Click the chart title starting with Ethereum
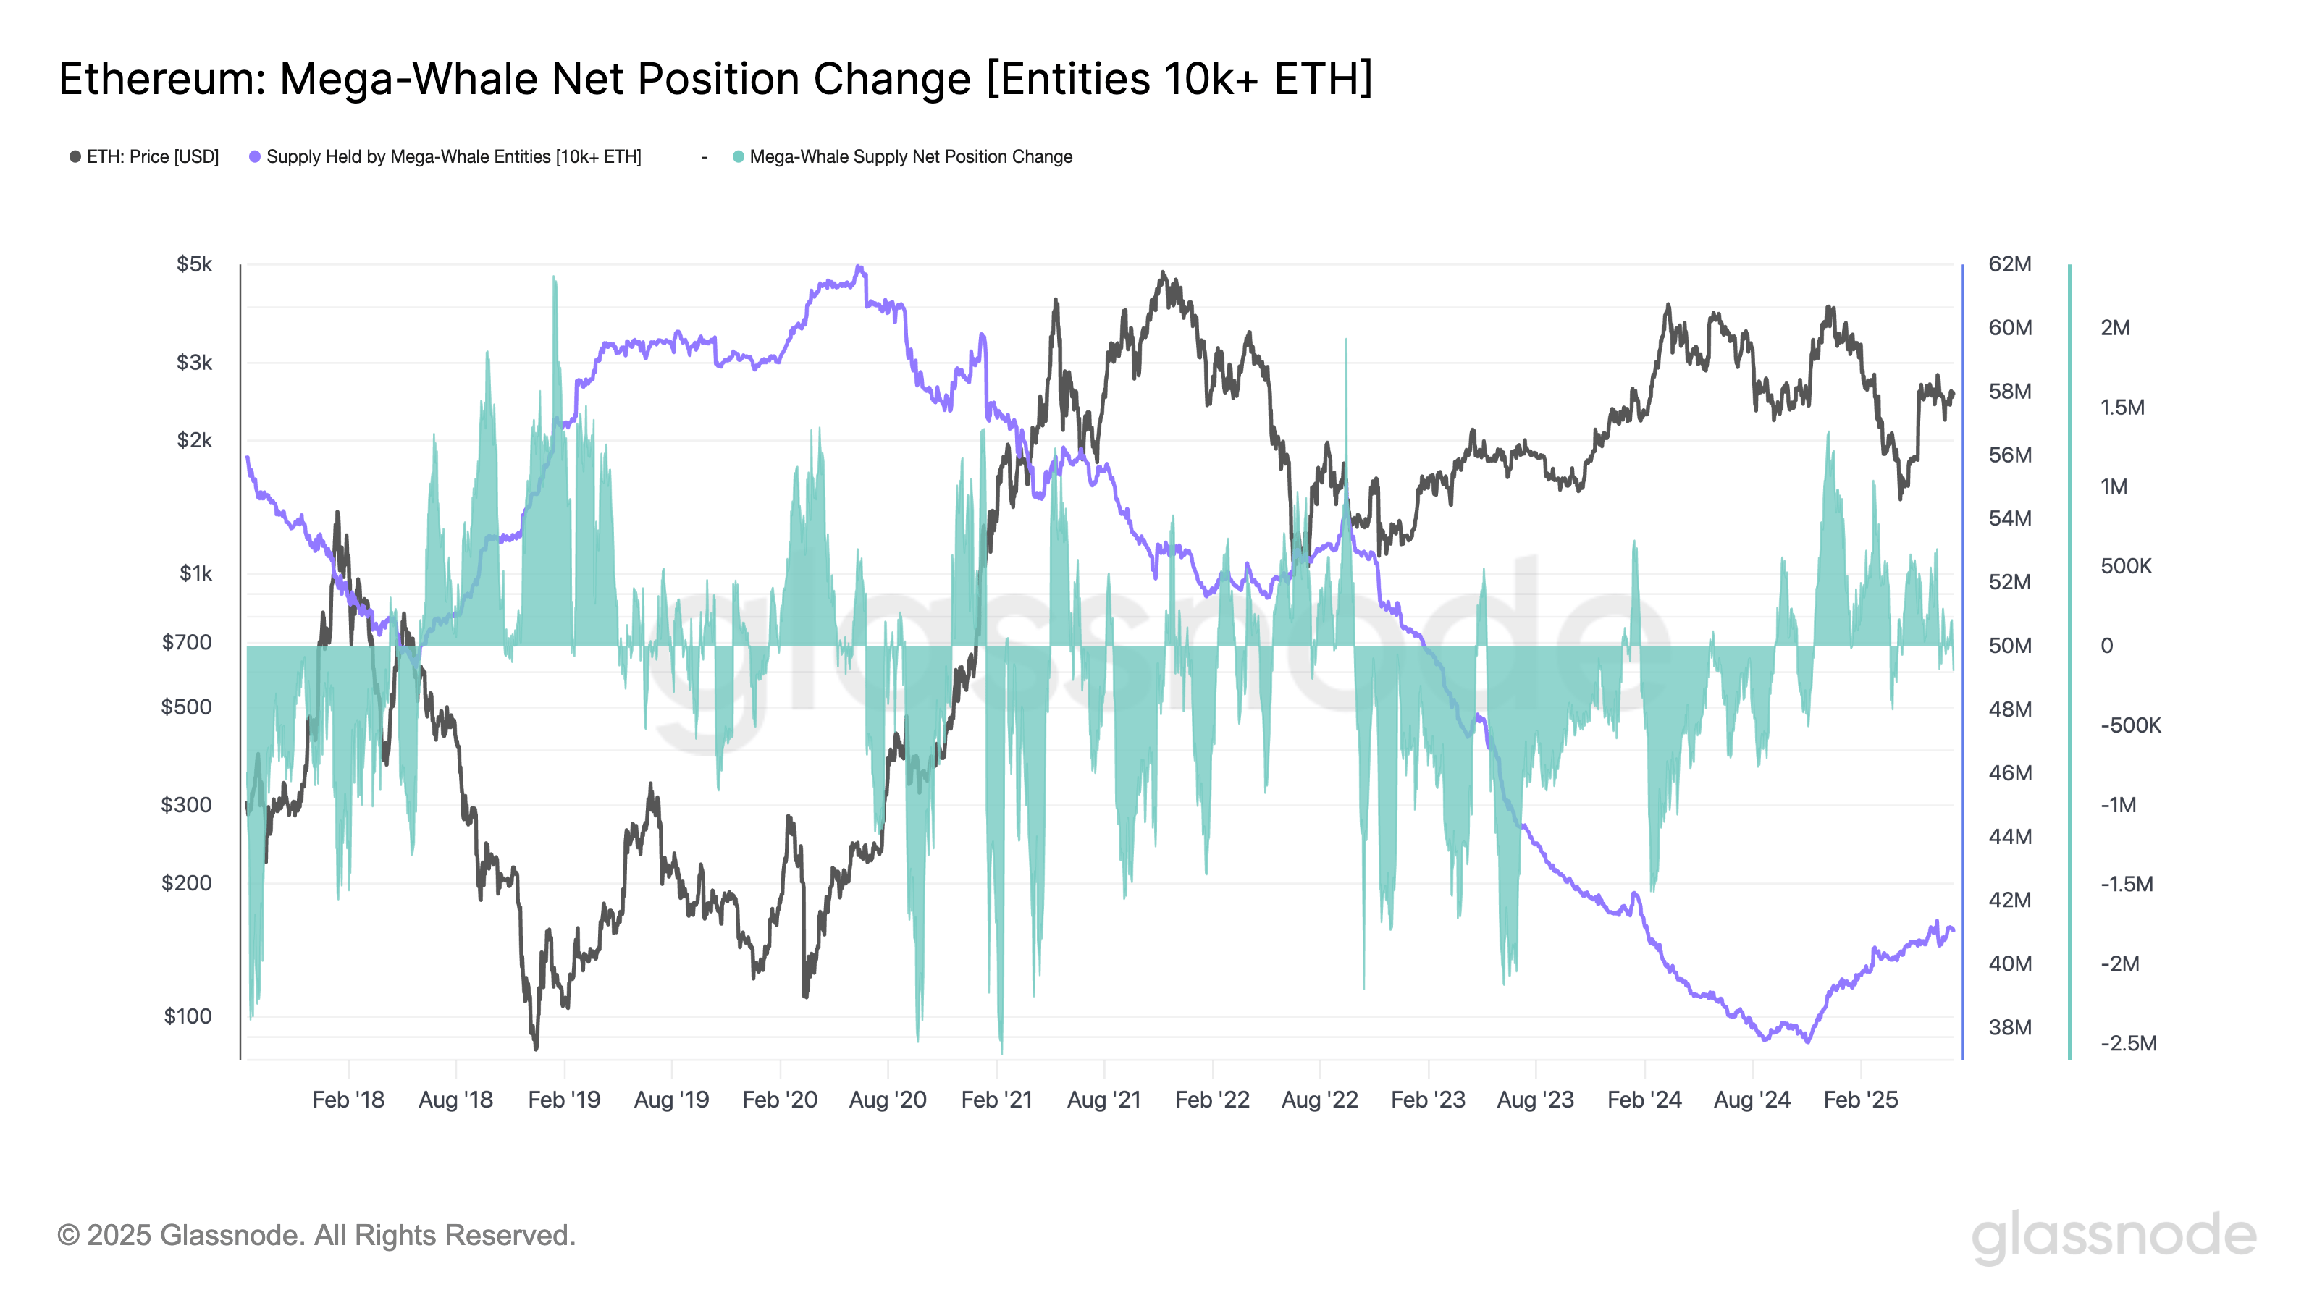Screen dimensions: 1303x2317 pyautogui.click(x=715, y=79)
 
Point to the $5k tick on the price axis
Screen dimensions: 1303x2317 pyautogui.click(x=194, y=264)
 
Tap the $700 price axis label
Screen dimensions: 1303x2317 pyautogui.click(x=187, y=642)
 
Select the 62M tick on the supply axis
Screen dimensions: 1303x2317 pyautogui.click(x=2009, y=264)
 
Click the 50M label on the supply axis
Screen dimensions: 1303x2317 pyautogui.click(x=2009, y=646)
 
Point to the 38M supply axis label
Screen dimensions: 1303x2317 pyautogui.click(x=2009, y=1027)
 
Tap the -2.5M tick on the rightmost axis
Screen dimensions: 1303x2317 pyautogui.click(x=2127, y=1043)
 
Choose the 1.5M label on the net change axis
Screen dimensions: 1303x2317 pyautogui.click(x=2122, y=408)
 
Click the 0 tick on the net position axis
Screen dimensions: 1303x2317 pyautogui.click(x=2106, y=646)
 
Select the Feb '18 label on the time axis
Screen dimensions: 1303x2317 pyautogui.click(x=348, y=1100)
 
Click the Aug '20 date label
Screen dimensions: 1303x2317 pyautogui.click(x=887, y=1100)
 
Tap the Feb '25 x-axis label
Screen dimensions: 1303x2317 pyautogui.click(x=1860, y=1100)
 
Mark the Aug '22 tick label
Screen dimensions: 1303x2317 pyautogui.click(x=1319, y=1100)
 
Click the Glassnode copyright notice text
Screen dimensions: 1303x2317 pyautogui.click(x=316, y=1236)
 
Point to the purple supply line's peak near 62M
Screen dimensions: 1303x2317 pyautogui.click(x=859, y=267)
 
